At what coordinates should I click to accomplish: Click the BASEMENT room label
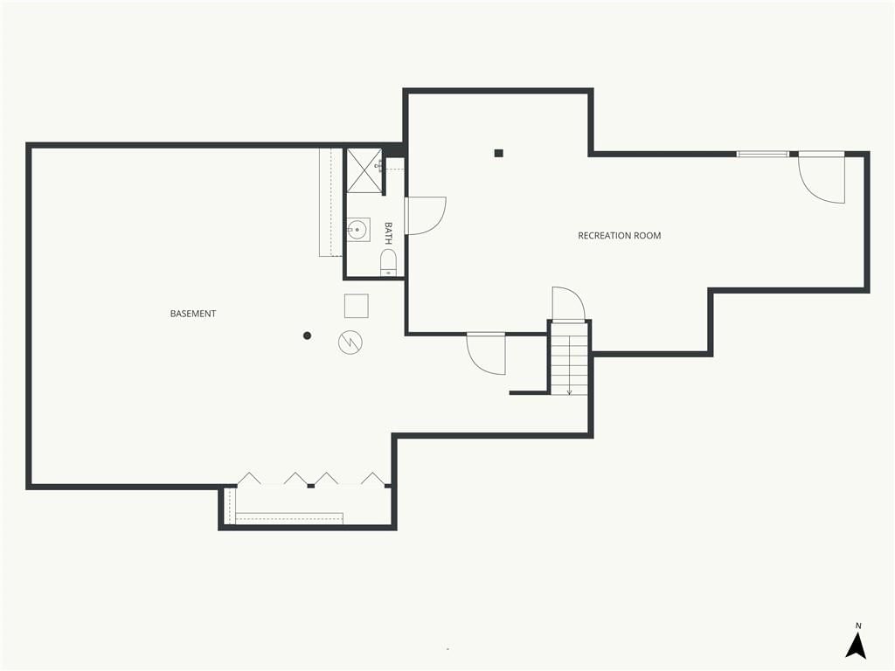[193, 314]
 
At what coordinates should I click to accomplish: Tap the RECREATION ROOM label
[620, 235]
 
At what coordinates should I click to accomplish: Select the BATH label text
[389, 233]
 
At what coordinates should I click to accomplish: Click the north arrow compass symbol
[856, 646]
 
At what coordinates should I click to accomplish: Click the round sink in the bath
[357, 230]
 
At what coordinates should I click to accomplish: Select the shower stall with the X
[364, 170]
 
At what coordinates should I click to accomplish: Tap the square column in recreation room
[499, 153]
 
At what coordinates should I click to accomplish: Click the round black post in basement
[307, 335]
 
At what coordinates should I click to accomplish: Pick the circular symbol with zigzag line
[350, 342]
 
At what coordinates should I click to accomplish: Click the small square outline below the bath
[357, 306]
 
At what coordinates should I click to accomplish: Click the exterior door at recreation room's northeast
[822, 176]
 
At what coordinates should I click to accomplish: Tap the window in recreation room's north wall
[762, 154]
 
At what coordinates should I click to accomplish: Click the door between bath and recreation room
[426, 216]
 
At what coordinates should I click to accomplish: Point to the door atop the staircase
[568, 304]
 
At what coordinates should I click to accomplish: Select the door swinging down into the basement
[486, 353]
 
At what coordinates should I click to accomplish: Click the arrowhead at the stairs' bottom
[569, 392]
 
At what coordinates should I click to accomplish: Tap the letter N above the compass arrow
[858, 626]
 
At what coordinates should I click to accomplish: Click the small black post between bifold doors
[311, 486]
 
